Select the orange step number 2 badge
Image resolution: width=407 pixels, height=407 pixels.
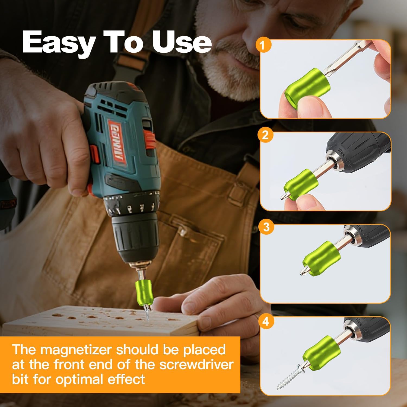coord(265,135)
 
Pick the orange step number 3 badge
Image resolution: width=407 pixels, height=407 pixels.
coord(267,227)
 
